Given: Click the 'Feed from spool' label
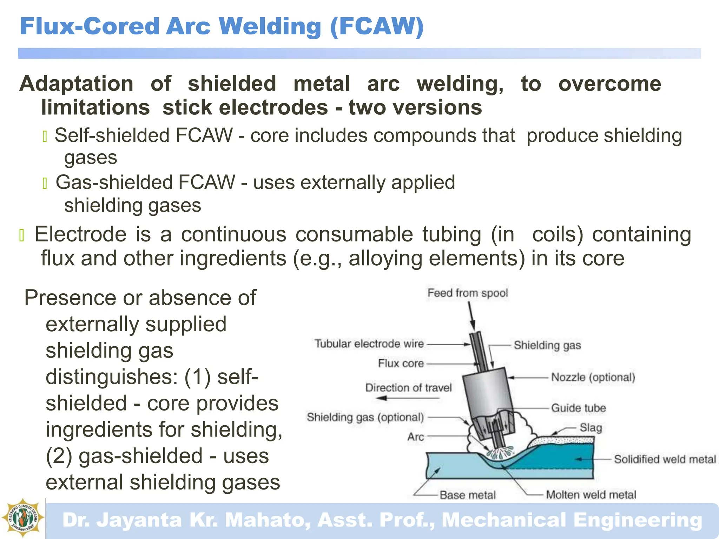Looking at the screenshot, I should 467,293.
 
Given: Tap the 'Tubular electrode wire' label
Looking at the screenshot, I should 369,344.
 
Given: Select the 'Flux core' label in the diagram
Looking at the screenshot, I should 401,364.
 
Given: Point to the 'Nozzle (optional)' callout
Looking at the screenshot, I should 593,378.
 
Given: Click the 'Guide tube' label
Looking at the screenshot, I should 578,408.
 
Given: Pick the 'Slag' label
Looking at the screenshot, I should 591,428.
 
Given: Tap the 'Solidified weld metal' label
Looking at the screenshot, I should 665,459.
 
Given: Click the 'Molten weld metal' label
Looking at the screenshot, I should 591,495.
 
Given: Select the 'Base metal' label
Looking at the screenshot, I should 467,495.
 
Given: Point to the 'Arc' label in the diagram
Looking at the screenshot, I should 416,437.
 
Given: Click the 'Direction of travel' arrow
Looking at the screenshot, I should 407,398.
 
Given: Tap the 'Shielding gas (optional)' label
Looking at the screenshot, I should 365,417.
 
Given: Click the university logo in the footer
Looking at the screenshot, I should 23,518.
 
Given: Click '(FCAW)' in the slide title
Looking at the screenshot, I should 377,27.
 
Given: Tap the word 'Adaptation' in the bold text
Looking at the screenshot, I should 77,84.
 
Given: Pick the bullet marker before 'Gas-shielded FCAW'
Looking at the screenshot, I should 45,184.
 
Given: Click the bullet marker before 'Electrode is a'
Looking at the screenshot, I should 22,235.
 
